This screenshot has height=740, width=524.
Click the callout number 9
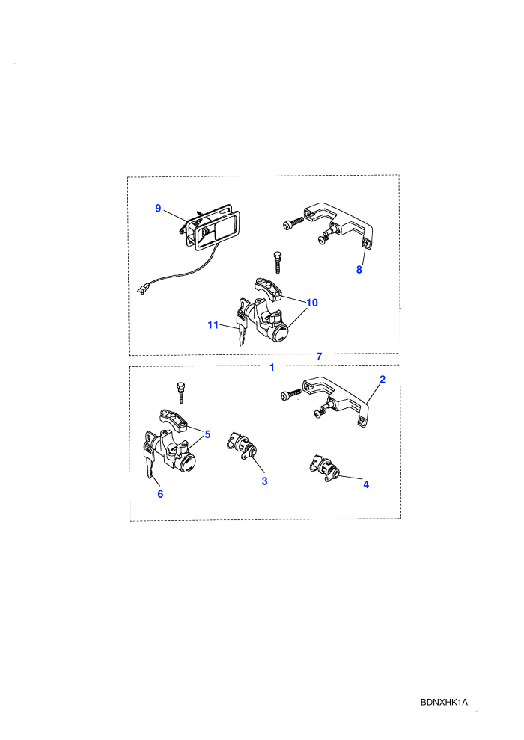[x=158, y=208]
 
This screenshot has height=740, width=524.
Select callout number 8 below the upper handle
[x=359, y=270]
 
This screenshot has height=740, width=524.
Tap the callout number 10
[x=312, y=303]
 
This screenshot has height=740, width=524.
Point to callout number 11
[x=213, y=324]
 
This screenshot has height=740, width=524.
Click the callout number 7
[x=319, y=357]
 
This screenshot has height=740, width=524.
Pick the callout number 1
[x=272, y=367]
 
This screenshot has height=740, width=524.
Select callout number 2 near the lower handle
[x=383, y=380]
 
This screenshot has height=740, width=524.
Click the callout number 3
[x=264, y=481]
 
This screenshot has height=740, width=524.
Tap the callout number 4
[x=366, y=484]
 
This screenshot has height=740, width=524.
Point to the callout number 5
[x=207, y=434]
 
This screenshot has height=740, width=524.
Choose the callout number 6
[x=161, y=493]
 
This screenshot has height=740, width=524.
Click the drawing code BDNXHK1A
[x=444, y=702]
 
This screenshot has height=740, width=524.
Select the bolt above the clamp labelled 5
[x=180, y=392]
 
